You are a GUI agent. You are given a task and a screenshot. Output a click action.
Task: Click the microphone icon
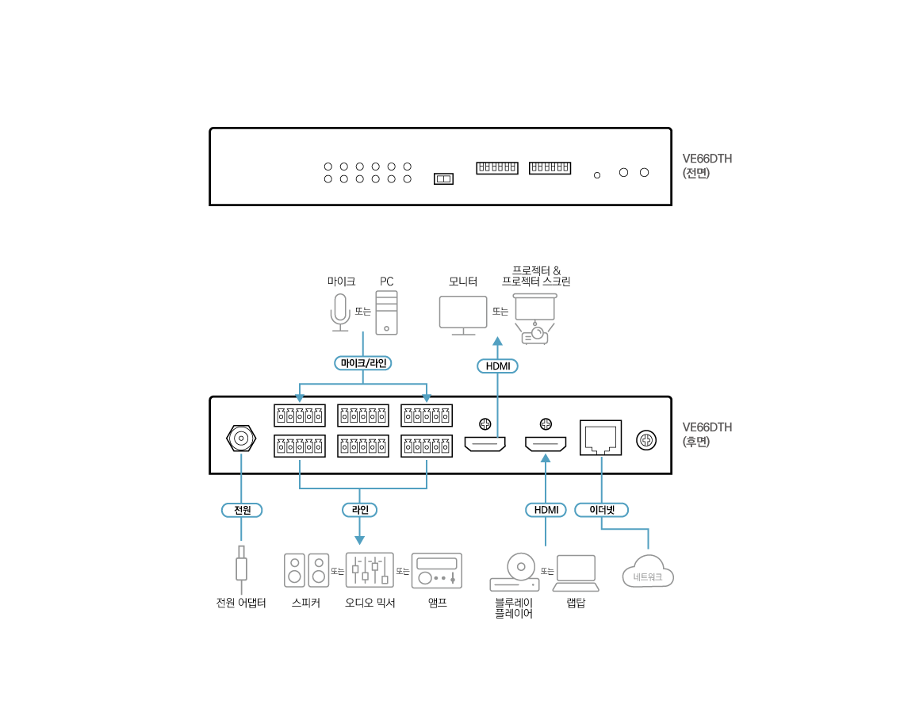pyautogui.click(x=340, y=312)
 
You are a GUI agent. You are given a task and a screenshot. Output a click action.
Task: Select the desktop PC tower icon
pyautogui.click(x=387, y=312)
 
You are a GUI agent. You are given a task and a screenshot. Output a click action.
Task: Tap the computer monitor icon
pyautogui.click(x=463, y=315)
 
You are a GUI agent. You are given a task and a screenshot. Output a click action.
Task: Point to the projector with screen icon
pyautogui.click(x=535, y=318)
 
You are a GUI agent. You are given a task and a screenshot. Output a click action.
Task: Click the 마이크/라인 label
pyautogui.click(x=363, y=363)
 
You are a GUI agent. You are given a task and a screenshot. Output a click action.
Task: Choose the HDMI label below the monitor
pyautogui.click(x=497, y=366)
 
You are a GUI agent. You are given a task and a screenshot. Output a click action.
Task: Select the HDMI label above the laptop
pyautogui.click(x=546, y=510)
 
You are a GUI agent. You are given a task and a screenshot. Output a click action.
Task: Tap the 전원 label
pyautogui.click(x=242, y=510)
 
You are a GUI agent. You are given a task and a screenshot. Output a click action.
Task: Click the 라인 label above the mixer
pyautogui.click(x=359, y=510)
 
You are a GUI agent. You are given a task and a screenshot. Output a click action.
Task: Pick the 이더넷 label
pyautogui.click(x=602, y=510)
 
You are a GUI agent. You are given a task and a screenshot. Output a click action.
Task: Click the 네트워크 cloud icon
pyautogui.click(x=648, y=573)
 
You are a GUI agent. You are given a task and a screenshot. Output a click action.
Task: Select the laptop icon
pyautogui.click(x=576, y=573)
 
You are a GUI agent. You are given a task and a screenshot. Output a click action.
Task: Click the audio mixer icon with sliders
pyautogui.click(x=370, y=570)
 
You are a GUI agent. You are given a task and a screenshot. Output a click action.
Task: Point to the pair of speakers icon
pyautogui.click(x=307, y=570)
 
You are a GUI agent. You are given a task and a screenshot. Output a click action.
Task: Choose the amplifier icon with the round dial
pyautogui.click(x=436, y=571)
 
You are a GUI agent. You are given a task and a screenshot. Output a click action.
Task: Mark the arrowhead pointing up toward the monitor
pyautogui.click(x=497, y=341)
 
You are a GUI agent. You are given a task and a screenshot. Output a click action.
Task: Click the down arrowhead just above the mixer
pyautogui.click(x=359, y=540)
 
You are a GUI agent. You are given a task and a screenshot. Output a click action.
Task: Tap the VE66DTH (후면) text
pyautogui.click(x=707, y=435)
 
